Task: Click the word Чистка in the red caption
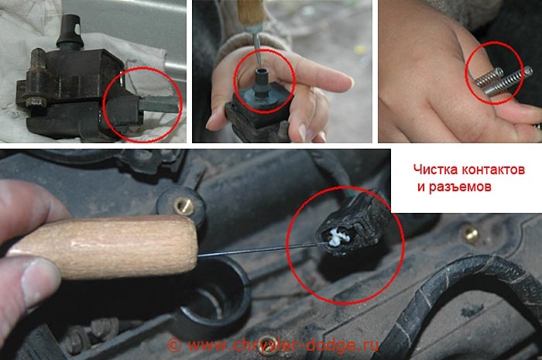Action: [435, 170]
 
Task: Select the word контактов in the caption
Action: [493, 170]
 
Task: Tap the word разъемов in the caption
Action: [460, 187]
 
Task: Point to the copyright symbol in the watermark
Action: [174, 345]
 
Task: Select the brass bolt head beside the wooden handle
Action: [184, 206]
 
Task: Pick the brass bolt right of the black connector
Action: [471, 234]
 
